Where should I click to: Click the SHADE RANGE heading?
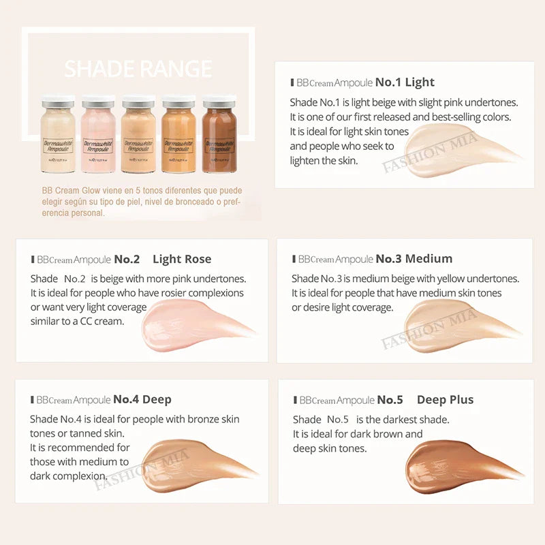138,69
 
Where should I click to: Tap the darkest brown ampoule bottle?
219,134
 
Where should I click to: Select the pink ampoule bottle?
98,134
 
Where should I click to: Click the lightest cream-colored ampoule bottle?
58,134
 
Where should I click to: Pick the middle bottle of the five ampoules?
138,134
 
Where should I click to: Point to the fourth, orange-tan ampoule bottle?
179,134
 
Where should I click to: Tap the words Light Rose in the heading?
182,259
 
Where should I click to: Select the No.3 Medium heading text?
414,259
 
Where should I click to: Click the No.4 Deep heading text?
142,399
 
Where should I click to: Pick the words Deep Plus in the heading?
445,400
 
